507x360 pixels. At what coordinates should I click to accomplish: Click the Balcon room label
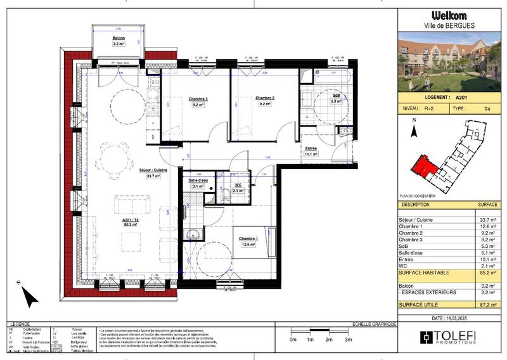pyautogui.click(x=119, y=39)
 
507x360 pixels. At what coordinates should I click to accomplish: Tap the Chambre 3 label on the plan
pyautogui.click(x=198, y=99)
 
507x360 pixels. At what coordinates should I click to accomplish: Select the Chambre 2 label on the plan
pyautogui.click(x=264, y=98)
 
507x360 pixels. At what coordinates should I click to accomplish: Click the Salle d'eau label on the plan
pyautogui.click(x=200, y=181)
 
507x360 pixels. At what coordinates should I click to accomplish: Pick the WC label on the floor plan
pyautogui.click(x=238, y=184)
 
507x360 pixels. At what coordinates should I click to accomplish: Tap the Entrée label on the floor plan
pyautogui.click(x=311, y=148)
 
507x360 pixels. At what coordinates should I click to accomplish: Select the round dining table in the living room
pyautogui.click(x=115, y=153)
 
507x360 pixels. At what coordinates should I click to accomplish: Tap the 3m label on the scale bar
pyautogui.click(x=348, y=340)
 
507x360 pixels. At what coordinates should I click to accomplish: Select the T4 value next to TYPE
pyautogui.click(x=487, y=109)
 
